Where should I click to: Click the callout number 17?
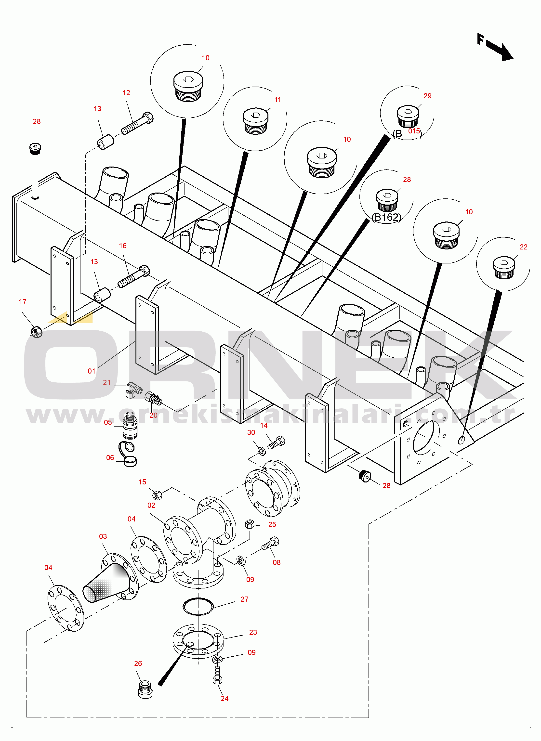point(23,301)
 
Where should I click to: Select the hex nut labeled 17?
point(36,332)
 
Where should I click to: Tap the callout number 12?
point(126,93)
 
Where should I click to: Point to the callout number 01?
point(91,371)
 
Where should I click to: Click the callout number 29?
point(427,96)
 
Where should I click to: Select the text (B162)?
point(386,217)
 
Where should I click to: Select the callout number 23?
point(253,632)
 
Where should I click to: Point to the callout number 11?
point(278,100)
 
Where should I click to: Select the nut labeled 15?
point(158,495)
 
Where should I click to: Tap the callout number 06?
point(110,457)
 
